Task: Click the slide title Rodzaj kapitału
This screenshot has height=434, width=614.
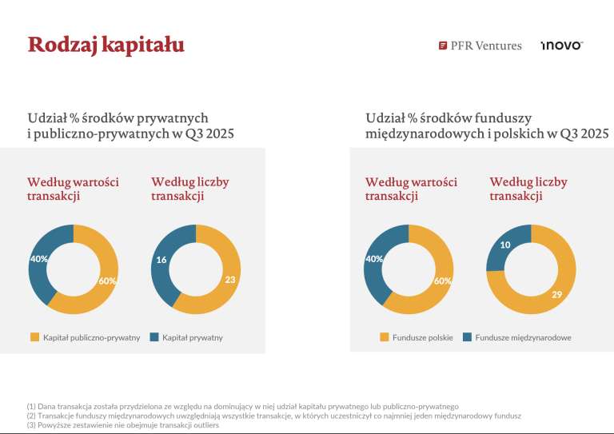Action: pos(106,44)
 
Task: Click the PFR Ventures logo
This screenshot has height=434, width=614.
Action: pos(480,46)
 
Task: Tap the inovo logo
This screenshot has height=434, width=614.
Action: pos(561,46)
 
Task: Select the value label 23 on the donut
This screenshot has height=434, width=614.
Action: pos(230,280)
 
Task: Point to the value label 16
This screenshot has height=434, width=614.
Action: pos(161,260)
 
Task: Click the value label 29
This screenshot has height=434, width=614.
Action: pos(556,295)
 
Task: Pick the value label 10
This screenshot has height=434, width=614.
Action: pos(505,245)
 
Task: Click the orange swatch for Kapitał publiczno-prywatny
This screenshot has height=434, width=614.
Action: pos(34,337)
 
